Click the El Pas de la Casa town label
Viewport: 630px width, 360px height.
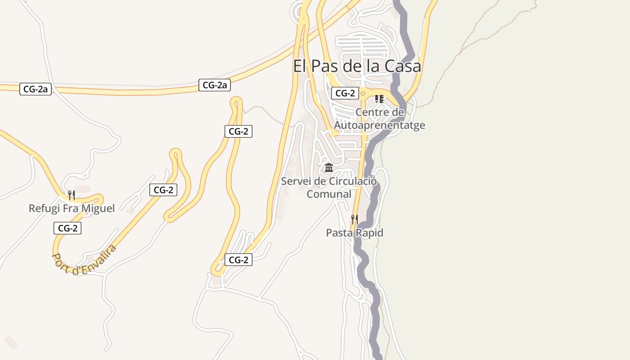(x=357, y=66)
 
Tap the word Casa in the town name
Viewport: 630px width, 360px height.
(x=403, y=66)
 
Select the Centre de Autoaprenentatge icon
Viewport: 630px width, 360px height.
(x=379, y=99)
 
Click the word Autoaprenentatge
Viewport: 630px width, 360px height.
(x=379, y=125)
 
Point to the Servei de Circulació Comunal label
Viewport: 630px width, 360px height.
(x=329, y=188)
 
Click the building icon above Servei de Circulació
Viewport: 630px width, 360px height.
(x=329, y=168)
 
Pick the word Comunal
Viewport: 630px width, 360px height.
(x=329, y=194)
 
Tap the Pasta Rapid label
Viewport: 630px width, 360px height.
(x=355, y=233)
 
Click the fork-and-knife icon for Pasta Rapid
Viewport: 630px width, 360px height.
(x=355, y=220)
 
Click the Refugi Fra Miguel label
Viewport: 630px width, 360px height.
(x=72, y=209)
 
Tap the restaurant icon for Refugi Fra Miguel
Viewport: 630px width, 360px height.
(x=71, y=195)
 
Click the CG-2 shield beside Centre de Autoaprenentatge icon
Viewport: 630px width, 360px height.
(x=345, y=94)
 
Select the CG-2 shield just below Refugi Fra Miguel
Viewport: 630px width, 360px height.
(x=67, y=228)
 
